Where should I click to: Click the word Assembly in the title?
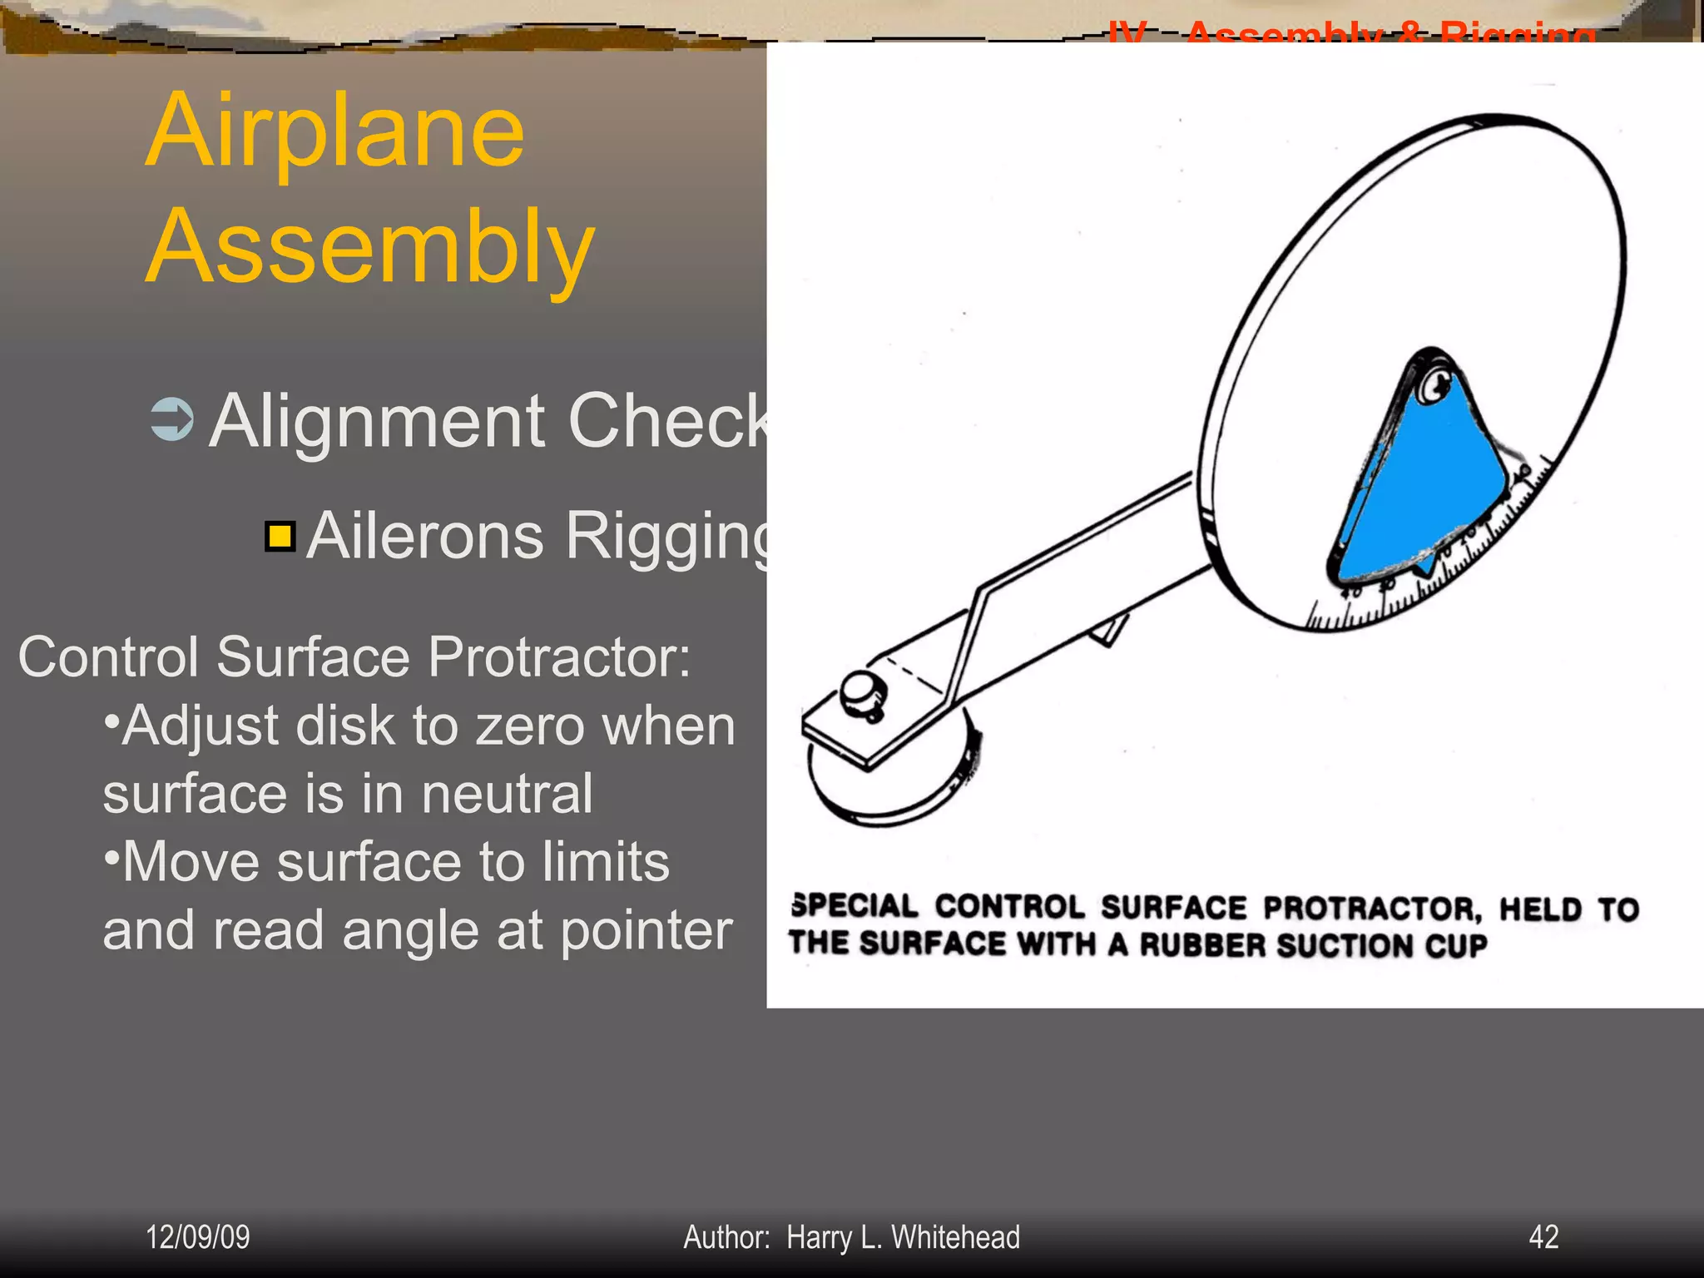click(x=369, y=248)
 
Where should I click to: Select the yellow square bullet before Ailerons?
click(x=280, y=537)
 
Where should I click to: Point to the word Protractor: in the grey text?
click(x=558, y=657)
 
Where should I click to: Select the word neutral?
click(x=507, y=794)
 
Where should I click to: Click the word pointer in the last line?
click(x=646, y=930)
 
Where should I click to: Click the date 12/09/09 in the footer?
click(x=197, y=1237)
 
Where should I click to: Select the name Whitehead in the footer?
click(x=955, y=1237)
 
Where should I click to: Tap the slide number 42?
click(x=1543, y=1237)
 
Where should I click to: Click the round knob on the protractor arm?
click(x=863, y=692)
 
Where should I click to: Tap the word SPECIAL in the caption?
click(x=854, y=906)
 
